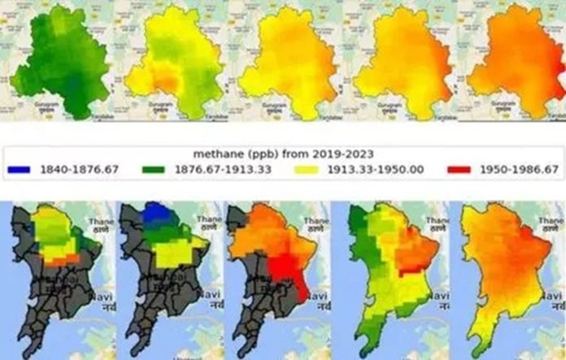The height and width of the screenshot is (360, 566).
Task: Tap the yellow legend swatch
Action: point(313,169)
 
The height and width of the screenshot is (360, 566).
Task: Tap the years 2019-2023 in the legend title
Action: point(345,153)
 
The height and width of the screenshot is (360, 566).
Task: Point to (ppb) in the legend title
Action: point(260,153)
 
